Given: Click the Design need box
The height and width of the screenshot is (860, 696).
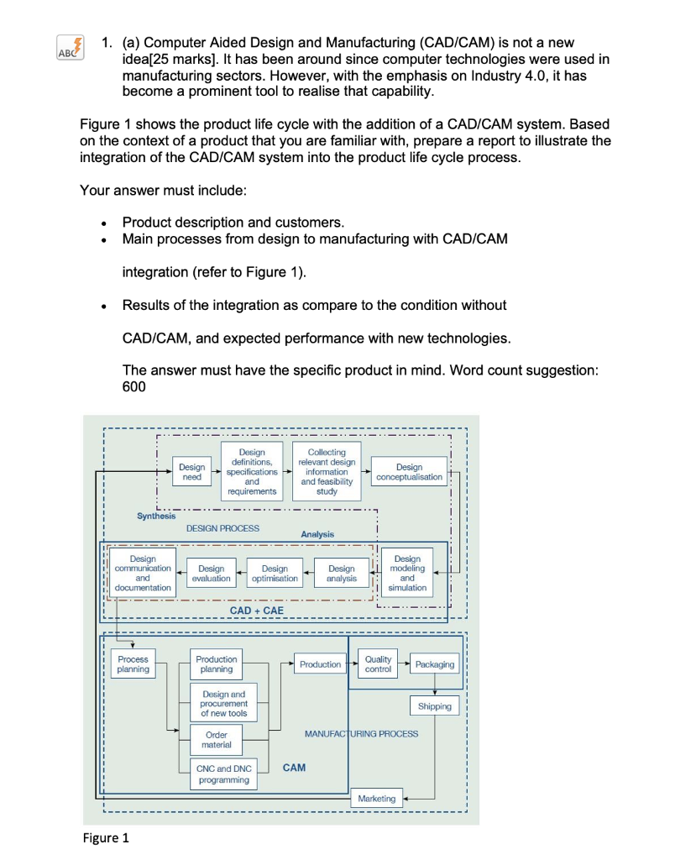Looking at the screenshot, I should [191, 472].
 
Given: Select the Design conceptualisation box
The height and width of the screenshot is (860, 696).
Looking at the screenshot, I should [409, 472].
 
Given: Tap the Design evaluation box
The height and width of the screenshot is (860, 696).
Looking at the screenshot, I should [211, 574].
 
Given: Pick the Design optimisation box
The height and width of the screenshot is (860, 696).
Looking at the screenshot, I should [275, 574].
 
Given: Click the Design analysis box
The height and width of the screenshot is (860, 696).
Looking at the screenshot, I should [342, 574].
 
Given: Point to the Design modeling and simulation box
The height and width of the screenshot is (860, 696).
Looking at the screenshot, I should [407, 573].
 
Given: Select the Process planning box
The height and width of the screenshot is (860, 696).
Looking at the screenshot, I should [133, 664].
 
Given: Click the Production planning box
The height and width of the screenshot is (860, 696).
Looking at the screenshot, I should [216, 664].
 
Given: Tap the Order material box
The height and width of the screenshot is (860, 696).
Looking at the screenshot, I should [216, 740].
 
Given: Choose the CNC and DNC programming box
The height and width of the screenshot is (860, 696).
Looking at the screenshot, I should [223, 774].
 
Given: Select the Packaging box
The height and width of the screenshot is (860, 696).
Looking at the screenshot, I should [434, 664].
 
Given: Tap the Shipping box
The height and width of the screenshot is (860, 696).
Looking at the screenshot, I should [434, 706].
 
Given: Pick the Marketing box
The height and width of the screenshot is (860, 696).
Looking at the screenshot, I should [376, 799].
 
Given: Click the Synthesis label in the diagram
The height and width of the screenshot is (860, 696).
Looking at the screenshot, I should [157, 516].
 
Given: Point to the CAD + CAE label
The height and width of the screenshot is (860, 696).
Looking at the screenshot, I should [256, 611].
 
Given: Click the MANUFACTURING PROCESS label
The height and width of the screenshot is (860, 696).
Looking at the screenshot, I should [361, 734].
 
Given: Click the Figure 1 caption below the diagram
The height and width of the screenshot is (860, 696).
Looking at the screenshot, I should [105, 838].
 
